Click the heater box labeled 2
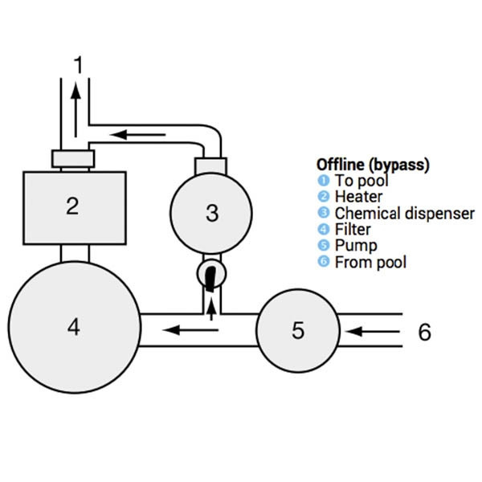click(x=73, y=207)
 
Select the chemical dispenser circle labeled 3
click(x=211, y=213)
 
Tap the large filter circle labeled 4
click(x=74, y=328)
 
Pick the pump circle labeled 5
click(x=298, y=329)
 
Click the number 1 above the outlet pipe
click(x=78, y=64)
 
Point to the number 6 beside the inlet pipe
click(x=424, y=331)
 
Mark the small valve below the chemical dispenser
click(x=211, y=274)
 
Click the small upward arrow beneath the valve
click(x=211, y=307)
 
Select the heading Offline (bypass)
click(x=373, y=164)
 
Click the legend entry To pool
click(x=361, y=181)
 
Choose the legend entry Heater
click(x=358, y=197)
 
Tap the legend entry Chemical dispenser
click(x=393, y=213)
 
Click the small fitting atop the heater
click(x=72, y=158)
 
